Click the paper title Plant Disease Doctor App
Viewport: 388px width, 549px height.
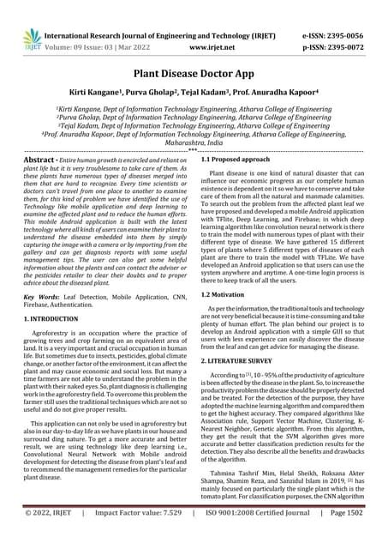coord(194,75)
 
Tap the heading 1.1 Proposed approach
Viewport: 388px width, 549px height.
coord(240,160)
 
